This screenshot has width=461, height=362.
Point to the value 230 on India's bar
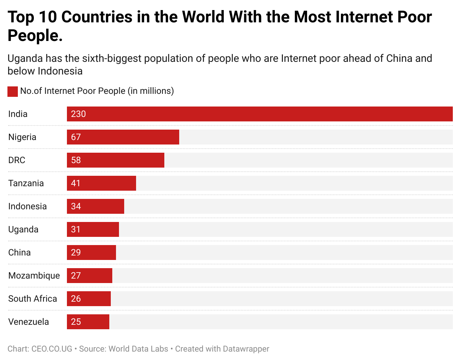click(x=78, y=114)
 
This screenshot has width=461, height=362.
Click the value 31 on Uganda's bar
click(x=76, y=229)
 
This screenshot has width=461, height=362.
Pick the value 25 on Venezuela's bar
click(x=76, y=322)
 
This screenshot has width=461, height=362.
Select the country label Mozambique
click(x=34, y=276)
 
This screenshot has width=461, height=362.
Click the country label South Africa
click(x=32, y=299)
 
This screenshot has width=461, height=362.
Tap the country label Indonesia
click(x=28, y=206)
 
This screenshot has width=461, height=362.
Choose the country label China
click(x=19, y=253)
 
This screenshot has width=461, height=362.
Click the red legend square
click(x=13, y=91)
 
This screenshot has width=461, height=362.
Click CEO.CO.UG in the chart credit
click(x=52, y=349)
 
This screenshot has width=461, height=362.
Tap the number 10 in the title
click(x=48, y=17)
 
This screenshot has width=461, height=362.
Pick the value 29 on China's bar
click(x=76, y=253)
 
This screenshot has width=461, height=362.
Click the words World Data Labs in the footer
click(x=138, y=349)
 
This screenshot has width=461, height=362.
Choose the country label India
click(x=18, y=114)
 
